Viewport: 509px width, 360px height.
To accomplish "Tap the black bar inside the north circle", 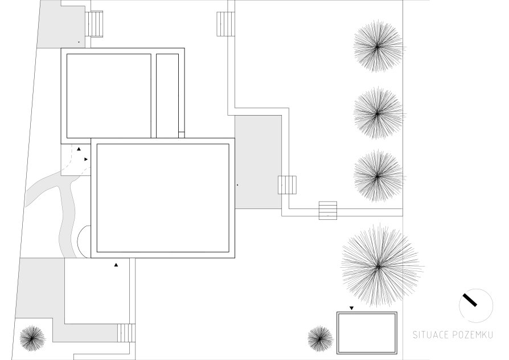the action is (470, 300).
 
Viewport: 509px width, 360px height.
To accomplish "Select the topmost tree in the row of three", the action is (377, 47).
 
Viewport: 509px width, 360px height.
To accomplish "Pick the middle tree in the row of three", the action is (377, 113).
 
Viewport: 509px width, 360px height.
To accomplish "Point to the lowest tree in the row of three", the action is (377, 176).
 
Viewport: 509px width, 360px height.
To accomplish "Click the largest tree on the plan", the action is (379, 266).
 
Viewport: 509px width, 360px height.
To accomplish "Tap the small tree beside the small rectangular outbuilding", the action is (320, 338).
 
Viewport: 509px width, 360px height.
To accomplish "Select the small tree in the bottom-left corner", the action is (32, 338).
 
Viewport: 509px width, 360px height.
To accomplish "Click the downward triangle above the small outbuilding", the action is (351, 308).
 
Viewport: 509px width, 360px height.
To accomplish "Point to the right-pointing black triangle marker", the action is (86, 159).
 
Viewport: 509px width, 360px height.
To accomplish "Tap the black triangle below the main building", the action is (116, 265).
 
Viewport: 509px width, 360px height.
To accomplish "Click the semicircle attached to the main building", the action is (83, 242).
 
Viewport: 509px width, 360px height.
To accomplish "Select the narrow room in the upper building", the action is (167, 96).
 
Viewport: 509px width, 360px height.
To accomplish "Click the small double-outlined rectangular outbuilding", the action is (367, 333).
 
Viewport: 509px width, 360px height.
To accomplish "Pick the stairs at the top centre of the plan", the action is (225, 24).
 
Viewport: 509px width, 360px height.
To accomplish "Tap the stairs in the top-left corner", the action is (94, 24).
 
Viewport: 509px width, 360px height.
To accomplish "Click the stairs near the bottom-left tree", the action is (126, 333).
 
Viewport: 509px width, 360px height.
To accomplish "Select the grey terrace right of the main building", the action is (258, 162).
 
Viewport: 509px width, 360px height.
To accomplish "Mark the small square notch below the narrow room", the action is (182, 134).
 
